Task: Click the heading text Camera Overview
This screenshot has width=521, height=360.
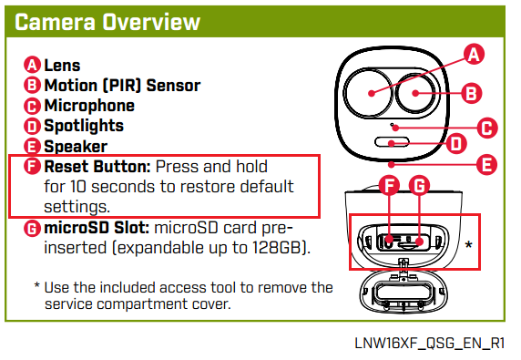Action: [x=107, y=22]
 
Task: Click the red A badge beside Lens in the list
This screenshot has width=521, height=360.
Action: [x=32, y=65]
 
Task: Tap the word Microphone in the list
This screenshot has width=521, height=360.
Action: [x=89, y=106]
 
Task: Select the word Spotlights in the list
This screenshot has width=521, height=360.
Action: [x=84, y=126]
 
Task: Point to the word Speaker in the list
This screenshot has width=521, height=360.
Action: [x=76, y=147]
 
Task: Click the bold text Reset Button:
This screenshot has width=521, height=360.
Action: [x=97, y=167]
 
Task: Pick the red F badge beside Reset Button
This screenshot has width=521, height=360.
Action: [x=32, y=166]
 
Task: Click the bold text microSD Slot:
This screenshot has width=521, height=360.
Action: [x=97, y=228]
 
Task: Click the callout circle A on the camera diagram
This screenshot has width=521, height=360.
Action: [x=474, y=54]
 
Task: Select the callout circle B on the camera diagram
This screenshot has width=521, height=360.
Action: [x=472, y=93]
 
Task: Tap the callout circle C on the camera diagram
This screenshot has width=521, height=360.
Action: [x=487, y=128]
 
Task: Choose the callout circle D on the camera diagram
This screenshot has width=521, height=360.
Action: [x=456, y=144]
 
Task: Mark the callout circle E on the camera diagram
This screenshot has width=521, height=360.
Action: [x=486, y=165]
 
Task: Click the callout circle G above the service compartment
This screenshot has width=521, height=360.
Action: [x=419, y=186]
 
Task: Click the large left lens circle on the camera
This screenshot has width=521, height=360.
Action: [x=367, y=93]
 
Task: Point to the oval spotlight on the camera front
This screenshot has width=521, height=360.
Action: [x=392, y=142]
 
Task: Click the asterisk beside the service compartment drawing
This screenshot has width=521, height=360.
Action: [x=468, y=244]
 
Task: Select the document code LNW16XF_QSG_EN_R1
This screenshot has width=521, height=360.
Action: [x=430, y=344]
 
